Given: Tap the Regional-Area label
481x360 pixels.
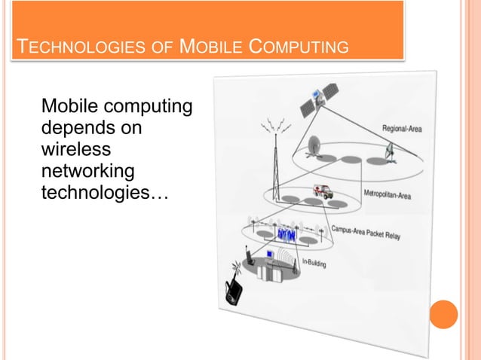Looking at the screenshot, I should (x=401, y=129).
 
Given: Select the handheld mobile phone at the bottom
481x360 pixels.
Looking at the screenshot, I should (x=234, y=290).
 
